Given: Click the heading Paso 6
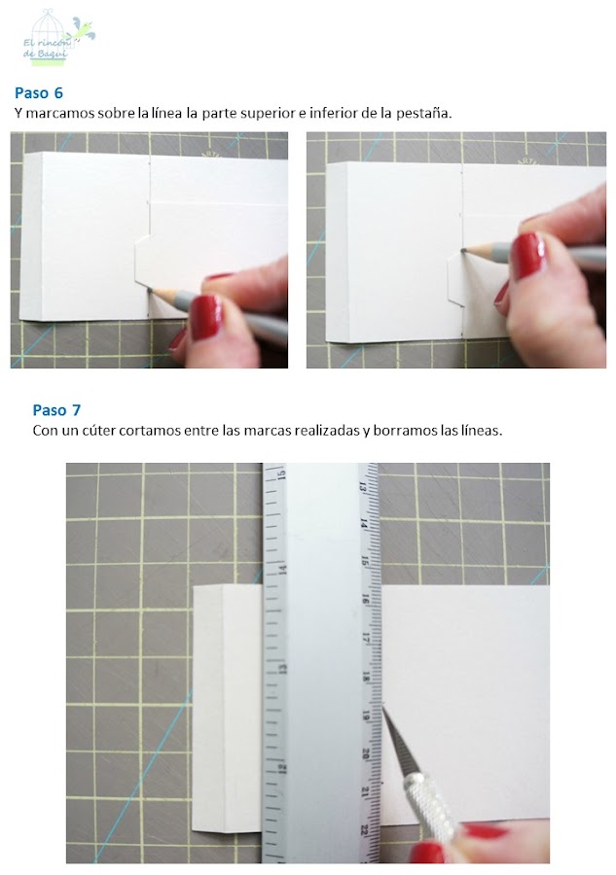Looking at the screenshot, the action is pos(39,92).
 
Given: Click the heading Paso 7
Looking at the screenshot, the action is pos(56,410).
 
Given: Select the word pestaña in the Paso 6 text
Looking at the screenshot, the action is pos(422,114).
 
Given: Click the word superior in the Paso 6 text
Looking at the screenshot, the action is pos(248,114).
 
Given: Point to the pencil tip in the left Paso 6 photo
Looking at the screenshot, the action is pos(150,289).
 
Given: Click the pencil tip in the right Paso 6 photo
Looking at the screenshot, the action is pos(464,249).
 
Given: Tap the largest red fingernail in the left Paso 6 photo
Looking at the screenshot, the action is pos(206,316).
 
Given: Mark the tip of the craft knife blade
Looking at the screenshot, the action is pos(382,708).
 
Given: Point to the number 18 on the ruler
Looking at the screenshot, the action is pos(366,677).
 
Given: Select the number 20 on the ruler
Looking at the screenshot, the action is pos(365,753).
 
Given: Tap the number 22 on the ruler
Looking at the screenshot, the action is pos(364,830).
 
